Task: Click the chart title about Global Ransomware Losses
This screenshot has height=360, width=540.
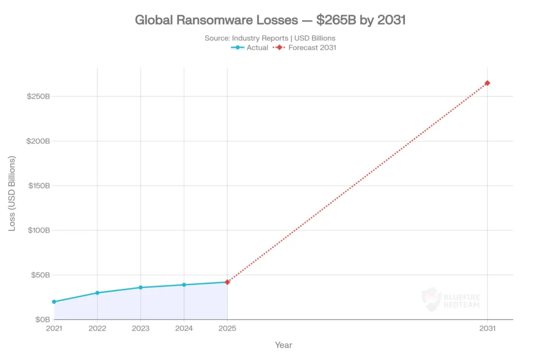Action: coord(270,21)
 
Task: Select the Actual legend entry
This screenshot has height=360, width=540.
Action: coord(250,47)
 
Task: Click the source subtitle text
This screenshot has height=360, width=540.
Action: coord(270,38)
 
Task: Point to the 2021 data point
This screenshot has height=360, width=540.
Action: coord(54,301)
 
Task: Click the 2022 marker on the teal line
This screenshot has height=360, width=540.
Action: coord(97,293)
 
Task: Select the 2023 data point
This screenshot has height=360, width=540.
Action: coord(141,287)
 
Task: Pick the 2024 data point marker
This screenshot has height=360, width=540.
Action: coord(184,285)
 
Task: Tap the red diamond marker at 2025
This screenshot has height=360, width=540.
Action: coord(227,282)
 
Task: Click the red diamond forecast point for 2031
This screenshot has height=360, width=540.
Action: coord(487,83)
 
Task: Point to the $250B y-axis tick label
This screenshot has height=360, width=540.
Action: coord(38,96)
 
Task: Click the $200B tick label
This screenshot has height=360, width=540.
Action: coord(38,141)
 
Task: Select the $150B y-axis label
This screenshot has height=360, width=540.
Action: coord(38,186)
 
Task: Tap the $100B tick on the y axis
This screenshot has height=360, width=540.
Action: coord(38,230)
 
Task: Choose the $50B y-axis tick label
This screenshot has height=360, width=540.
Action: coord(40,275)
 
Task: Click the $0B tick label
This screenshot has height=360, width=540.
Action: coord(42,319)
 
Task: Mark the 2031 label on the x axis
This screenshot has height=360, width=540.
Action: coord(487,328)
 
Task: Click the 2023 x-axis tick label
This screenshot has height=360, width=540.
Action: coord(141,328)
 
